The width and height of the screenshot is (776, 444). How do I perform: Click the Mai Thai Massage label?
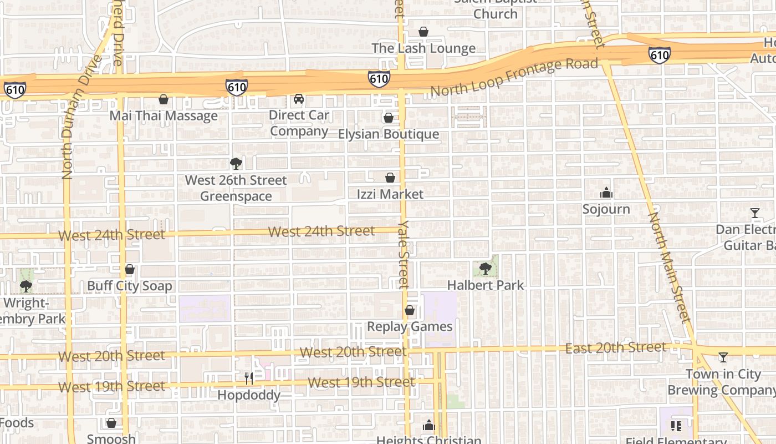pos(164,116)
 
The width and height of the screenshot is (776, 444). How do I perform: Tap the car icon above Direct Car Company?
pos(299,99)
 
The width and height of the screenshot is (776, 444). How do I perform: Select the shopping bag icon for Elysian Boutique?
pos(389,118)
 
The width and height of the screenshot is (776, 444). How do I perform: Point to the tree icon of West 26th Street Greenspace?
pos(236,164)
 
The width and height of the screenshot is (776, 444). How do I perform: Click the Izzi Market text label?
pos(390,194)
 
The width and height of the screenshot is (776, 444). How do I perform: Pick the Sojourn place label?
pos(606,209)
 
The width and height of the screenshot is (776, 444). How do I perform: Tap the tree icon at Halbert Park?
pos(486,269)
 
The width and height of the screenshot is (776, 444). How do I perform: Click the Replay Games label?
pos(410,326)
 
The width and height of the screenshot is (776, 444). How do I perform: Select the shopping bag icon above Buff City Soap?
pos(130,270)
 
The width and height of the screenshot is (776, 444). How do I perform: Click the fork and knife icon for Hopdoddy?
pos(249,379)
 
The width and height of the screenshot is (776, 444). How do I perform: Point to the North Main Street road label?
pos(670,268)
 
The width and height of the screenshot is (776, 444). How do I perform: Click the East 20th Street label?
pos(615,348)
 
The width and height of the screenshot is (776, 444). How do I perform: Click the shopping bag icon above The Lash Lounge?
pos(423,32)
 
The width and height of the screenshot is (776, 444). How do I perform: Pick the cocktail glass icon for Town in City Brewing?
pos(723,357)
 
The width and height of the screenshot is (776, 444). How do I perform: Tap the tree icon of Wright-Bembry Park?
pos(25,286)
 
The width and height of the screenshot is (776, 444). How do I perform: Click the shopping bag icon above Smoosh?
pos(111,423)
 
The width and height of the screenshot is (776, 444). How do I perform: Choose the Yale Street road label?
pos(403,254)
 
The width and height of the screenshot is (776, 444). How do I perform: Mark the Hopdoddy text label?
pos(249,395)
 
